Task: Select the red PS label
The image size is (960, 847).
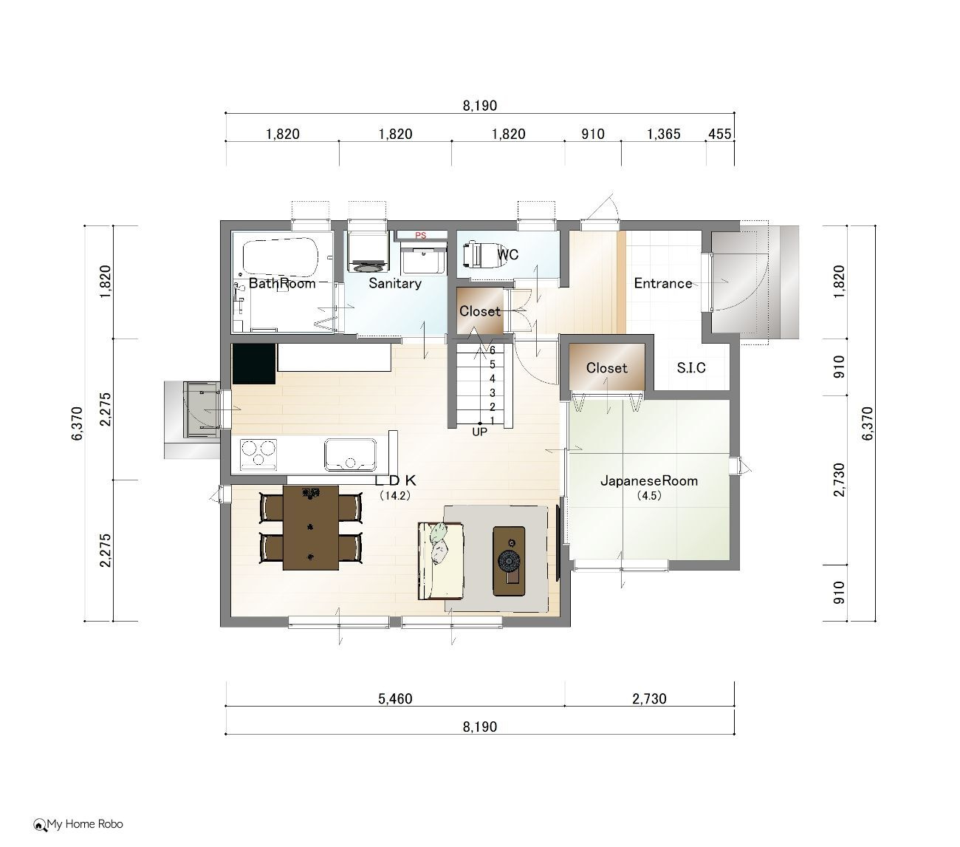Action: pos(420,236)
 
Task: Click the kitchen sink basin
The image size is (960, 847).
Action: pos(350,455)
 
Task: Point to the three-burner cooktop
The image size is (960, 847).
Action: pos(258,455)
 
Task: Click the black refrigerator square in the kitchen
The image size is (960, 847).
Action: pos(254,364)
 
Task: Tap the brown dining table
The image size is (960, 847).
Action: pos(310,528)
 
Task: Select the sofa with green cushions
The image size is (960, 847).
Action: pos(440,561)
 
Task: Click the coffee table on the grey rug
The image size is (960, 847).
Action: pos(508,561)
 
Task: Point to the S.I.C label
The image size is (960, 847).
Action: pos(691,367)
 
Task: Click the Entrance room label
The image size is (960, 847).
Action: pos(663,283)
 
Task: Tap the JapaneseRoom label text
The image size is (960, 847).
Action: pos(649,481)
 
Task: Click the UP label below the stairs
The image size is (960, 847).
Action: pos(479,432)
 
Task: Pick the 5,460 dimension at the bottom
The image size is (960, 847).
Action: pos(395,698)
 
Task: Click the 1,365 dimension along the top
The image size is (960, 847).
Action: pos(664,135)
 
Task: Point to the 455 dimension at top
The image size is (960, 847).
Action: pos(720,135)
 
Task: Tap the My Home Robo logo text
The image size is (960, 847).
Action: pos(85,824)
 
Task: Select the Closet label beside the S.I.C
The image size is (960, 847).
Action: pos(606,367)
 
